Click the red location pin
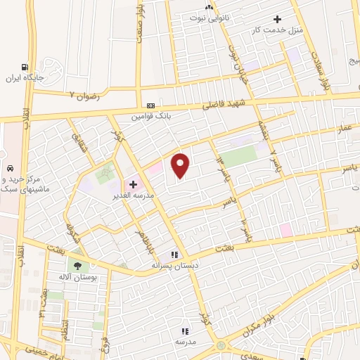(x=181, y=165)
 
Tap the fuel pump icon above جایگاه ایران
(x=26, y=67)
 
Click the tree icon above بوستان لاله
(x=77, y=266)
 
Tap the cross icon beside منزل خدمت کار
(x=278, y=20)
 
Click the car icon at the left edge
(x=11, y=169)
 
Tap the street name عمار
(x=344, y=128)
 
